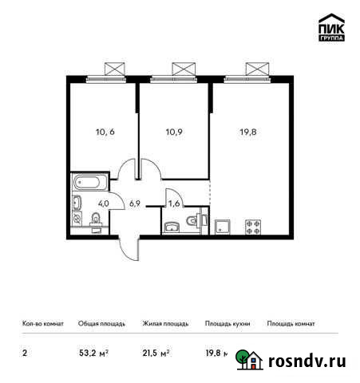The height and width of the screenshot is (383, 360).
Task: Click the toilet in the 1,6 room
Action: pos(202,220)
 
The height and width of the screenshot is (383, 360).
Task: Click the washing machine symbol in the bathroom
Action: pos(76,216)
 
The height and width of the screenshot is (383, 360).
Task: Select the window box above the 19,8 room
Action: pos(255,68)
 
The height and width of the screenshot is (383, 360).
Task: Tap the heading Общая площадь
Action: pos(101,324)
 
